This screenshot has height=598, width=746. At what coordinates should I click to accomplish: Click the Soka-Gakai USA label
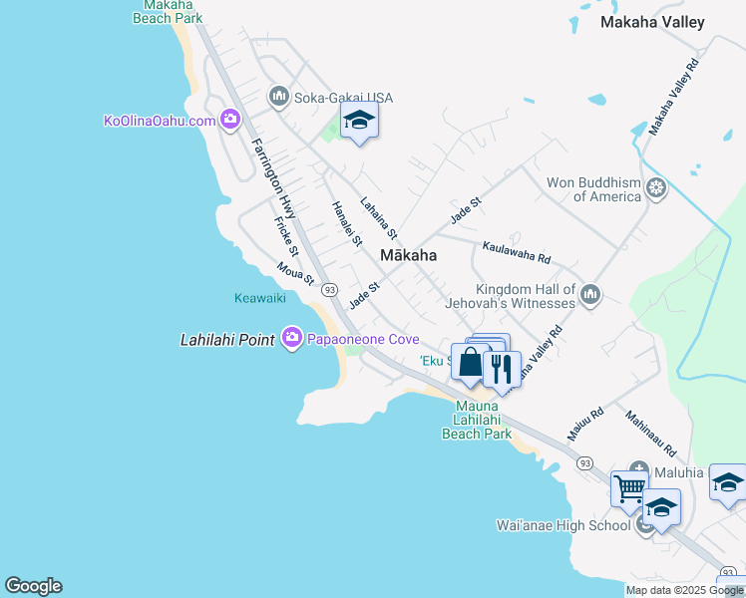point(342,98)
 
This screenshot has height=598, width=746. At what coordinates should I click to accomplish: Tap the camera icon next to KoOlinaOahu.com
point(230,121)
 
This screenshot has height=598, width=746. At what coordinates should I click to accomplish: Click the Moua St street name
point(296,272)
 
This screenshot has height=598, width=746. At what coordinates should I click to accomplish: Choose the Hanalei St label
point(345,223)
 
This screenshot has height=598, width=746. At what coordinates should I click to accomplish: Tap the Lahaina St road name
point(380,217)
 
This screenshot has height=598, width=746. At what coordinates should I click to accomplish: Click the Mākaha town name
point(408,256)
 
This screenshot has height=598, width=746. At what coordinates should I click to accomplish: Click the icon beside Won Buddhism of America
point(656,187)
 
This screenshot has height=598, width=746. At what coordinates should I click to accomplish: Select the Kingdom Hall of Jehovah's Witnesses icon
point(590,294)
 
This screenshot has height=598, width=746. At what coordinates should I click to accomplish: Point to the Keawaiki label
point(260,298)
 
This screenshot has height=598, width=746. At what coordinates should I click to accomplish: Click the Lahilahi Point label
point(227,340)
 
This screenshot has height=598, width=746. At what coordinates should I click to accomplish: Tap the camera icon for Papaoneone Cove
point(292,339)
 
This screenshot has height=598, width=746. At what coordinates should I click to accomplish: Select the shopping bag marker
point(470,363)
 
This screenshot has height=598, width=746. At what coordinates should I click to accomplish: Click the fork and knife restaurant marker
point(502,369)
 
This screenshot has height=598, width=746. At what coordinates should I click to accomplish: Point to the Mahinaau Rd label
point(651,432)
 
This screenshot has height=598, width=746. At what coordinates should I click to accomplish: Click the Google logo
point(33,586)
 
